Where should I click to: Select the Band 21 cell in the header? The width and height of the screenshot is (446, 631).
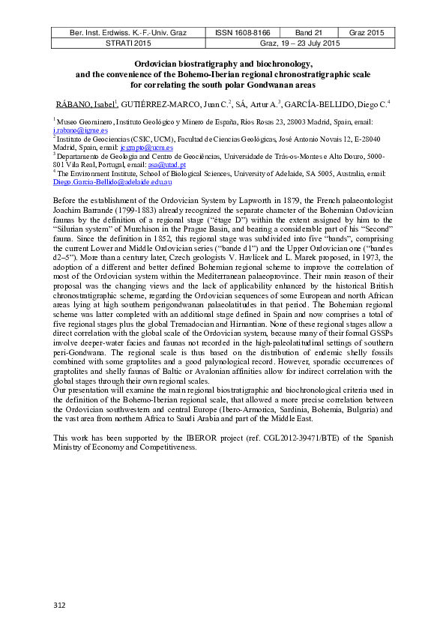(x=308, y=34)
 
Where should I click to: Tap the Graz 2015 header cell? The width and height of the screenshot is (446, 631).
(x=366, y=34)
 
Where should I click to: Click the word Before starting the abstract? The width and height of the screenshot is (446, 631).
(x=64, y=202)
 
